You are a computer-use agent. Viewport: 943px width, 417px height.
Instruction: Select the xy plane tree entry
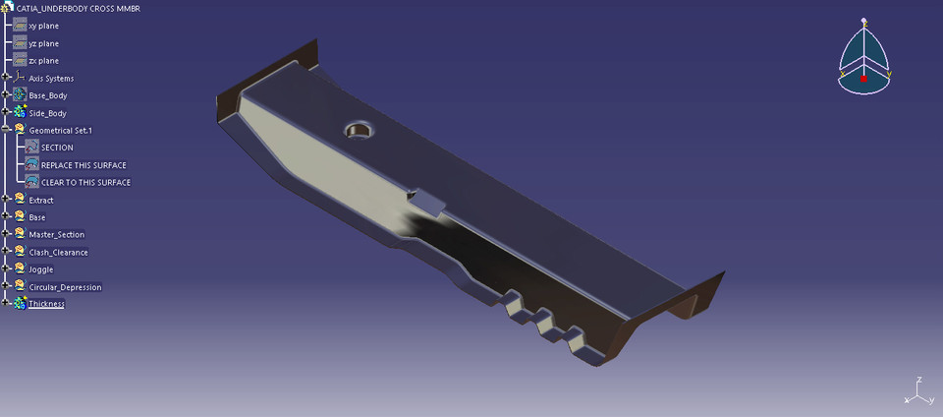click(43, 26)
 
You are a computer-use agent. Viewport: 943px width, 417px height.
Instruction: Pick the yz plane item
click(43, 43)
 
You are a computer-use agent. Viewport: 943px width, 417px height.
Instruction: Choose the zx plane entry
click(43, 61)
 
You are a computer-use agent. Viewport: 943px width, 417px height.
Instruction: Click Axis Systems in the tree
click(51, 79)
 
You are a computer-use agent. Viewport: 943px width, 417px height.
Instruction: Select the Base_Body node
click(47, 96)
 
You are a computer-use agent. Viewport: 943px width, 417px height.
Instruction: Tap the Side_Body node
click(47, 114)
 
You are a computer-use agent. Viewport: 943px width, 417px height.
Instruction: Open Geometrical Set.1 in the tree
click(60, 131)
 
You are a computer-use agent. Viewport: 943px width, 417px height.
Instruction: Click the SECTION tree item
click(57, 149)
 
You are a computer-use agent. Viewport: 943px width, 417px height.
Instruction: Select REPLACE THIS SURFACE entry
click(83, 165)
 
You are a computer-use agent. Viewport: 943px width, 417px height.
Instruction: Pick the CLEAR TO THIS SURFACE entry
click(85, 183)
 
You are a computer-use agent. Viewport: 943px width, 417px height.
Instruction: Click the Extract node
click(41, 201)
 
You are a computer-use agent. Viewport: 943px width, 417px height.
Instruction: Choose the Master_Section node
click(56, 235)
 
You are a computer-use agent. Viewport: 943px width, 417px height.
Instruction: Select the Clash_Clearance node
click(58, 253)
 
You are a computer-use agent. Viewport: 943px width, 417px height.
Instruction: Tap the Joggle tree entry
click(41, 269)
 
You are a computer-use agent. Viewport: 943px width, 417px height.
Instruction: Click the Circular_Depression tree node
click(65, 287)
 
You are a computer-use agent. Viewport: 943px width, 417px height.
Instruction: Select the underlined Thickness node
click(46, 305)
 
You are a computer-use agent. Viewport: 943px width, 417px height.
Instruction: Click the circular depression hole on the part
click(359, 131)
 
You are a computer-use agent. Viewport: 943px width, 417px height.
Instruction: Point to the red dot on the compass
click(862, 78)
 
